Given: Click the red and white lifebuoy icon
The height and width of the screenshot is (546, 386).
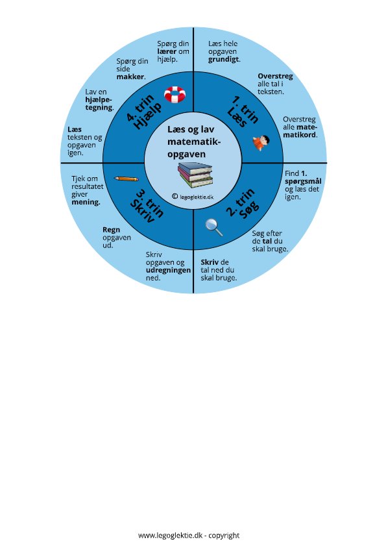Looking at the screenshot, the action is click(175, 94).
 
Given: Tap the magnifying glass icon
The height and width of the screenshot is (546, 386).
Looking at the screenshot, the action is click(214, 227).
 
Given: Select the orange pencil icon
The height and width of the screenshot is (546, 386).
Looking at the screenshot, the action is click(127, 179).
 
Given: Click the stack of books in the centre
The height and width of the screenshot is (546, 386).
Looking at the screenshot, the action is click(195, 175).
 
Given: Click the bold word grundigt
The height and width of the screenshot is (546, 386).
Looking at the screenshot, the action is click(224, 59).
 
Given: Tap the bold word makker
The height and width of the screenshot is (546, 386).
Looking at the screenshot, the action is click(130, 77).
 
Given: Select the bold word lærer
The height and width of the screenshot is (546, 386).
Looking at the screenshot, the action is click(167, 51).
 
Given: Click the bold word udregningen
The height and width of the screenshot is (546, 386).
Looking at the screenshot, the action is click(169, 270).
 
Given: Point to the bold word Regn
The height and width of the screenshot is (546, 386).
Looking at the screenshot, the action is click(112, 230).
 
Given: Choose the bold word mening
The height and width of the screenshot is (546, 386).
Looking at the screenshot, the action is click(86, 203).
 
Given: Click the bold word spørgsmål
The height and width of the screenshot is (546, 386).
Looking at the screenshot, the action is click(303, 182).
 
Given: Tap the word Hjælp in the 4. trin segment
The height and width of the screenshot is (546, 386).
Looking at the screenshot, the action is click(149, 116).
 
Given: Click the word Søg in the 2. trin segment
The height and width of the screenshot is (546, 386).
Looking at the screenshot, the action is click(250, 210).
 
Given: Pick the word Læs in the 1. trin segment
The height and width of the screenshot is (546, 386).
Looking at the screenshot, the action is click(237, 117).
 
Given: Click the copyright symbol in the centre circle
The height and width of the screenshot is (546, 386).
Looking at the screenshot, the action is click(175, 197).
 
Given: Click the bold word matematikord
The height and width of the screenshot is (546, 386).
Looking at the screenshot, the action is click(300, 131).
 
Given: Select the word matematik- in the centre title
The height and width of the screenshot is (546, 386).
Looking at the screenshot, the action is click(194, 142).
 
